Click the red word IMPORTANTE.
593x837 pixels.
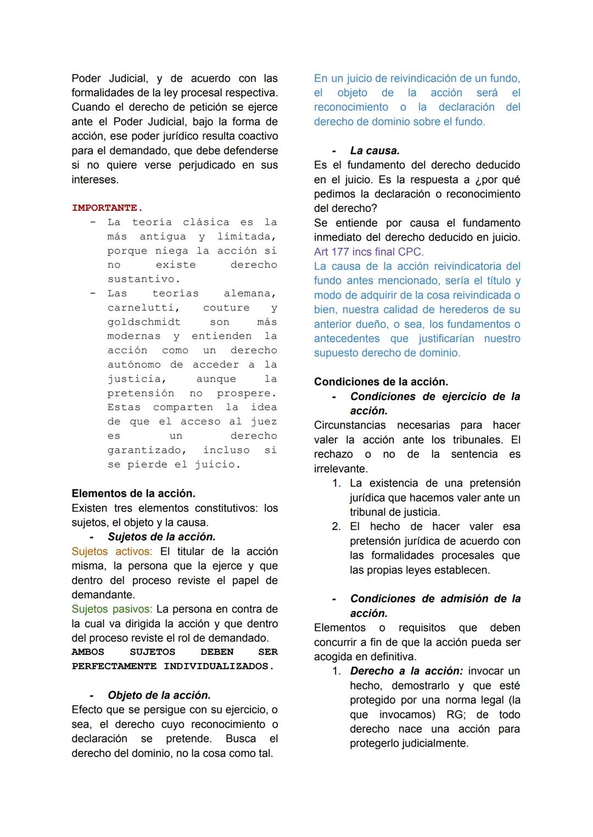(x=107, y=208)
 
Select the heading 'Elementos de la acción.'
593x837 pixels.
(x=133, y=493)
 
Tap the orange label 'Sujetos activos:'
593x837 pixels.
(x=112, y=552)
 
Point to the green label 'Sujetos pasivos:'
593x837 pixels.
(x=112, y=609)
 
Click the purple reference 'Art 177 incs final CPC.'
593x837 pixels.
(x=368, y=252)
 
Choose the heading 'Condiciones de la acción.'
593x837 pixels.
(x=381, y=382)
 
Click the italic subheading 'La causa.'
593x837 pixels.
(x=374, y=150)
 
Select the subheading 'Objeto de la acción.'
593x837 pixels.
(x=159, y=695)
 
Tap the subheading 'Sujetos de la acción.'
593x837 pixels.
(x=161, y=537)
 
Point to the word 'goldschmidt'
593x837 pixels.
(x=144, y=322)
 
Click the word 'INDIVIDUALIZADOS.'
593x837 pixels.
(x=219, y=666)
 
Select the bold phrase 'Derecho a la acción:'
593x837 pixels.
(x=406, y=671)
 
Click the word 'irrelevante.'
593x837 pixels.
(x=340, y=469)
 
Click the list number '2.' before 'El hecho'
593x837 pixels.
(x=336, y=526)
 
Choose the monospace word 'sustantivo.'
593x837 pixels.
(x=144, y=279)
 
